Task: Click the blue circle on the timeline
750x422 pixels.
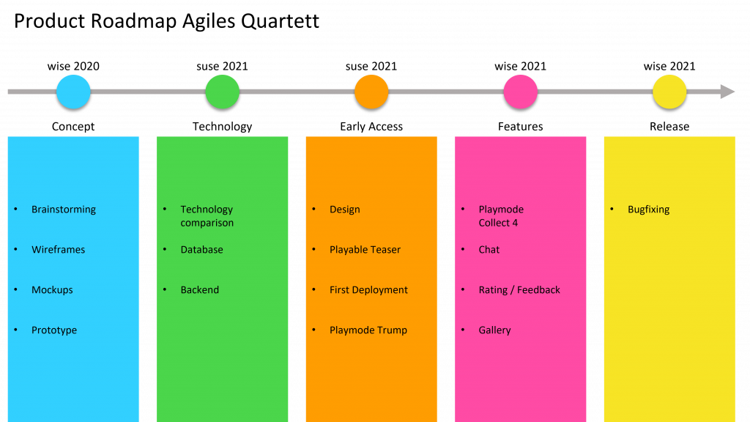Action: coord(73,92)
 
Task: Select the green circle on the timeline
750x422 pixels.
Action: coord(223,92)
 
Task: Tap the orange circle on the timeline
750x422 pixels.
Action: coord(371,92)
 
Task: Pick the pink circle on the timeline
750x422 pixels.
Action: coord(521,92)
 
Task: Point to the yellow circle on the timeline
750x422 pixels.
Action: coord(669,92)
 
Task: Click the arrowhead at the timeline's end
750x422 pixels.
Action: coord(727,92)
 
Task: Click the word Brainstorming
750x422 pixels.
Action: coord(64,210)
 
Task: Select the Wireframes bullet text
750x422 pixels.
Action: coord(58,250)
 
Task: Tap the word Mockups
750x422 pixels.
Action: coord(52,290)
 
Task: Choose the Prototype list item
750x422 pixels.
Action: coord(54,330)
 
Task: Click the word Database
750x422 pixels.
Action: coord(201,250)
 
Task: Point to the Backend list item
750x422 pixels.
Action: coord(199,290)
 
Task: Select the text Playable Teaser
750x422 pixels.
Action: coord(365,250)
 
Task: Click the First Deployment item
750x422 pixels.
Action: coord(368,290)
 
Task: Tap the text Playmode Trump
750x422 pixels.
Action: coord(368,330)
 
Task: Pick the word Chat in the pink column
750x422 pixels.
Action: coord(489,250)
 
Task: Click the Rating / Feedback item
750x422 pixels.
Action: coord(519,290)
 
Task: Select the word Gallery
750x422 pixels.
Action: coord(494,330)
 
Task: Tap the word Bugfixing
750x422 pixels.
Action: coord(648,210)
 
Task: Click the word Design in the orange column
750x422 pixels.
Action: coord(344,210)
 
